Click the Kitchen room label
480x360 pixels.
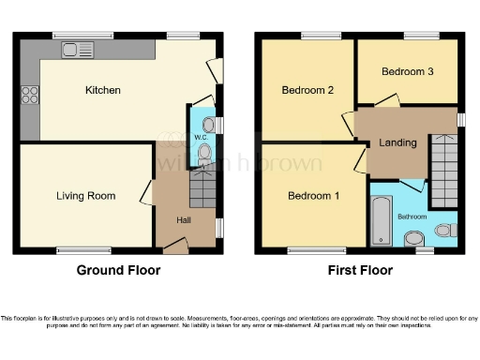point(103,90)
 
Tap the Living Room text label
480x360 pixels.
point(85,196)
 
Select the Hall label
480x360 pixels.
point(186,220)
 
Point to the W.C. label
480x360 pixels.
point(202,139)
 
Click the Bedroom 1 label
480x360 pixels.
point(311,196)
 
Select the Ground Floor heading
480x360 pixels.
point(118,270)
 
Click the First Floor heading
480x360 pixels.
point(359,270)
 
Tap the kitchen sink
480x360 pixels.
point(73,48)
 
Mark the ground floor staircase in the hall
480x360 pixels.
point(202,190)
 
